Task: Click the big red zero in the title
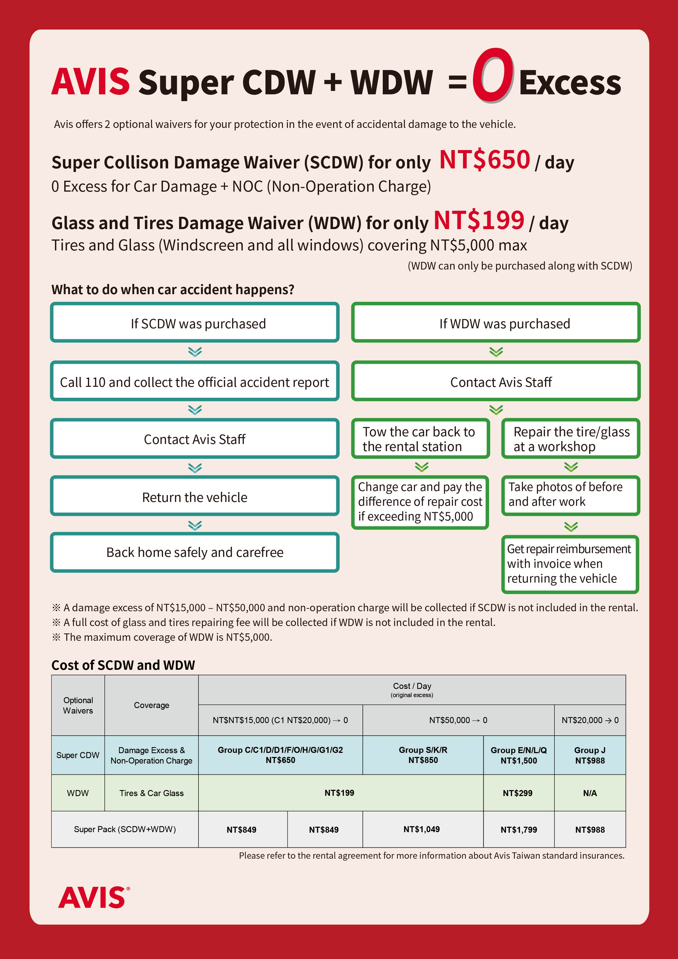point(493,75)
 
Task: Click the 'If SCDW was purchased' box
point(195,323)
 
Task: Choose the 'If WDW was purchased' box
point(496,323)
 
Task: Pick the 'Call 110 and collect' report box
point(195,381)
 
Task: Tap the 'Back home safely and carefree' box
point(195,552)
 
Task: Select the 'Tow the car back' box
point(420,438)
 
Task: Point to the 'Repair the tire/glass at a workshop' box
point(571,438)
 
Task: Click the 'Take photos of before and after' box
point(571,495)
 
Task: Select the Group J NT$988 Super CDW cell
point(590,755)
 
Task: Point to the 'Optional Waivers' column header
point(78,705)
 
